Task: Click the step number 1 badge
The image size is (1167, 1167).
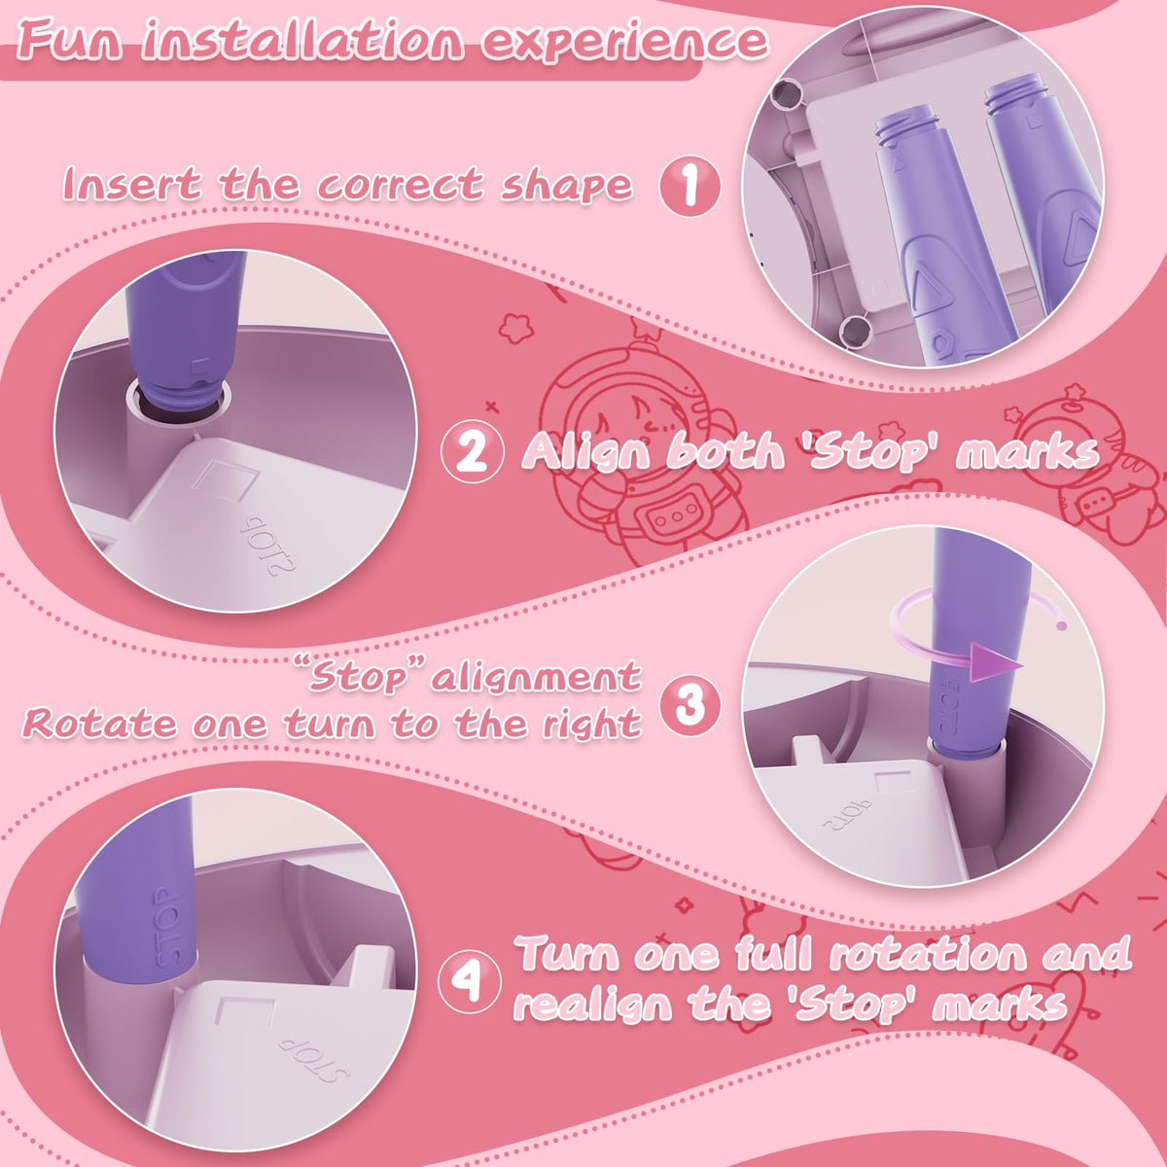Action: coord(690,187)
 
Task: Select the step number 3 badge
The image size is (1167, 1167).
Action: coord(690,705)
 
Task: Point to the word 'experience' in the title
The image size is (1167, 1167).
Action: coord(625,43)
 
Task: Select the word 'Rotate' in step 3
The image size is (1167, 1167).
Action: coord(99,723)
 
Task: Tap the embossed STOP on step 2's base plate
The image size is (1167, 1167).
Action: coord(267,545)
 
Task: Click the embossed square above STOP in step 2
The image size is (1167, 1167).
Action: coord(224,481)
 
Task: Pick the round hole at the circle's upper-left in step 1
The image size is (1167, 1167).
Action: coord(788,94)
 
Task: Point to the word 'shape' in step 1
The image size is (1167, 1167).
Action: coord(566,186)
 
